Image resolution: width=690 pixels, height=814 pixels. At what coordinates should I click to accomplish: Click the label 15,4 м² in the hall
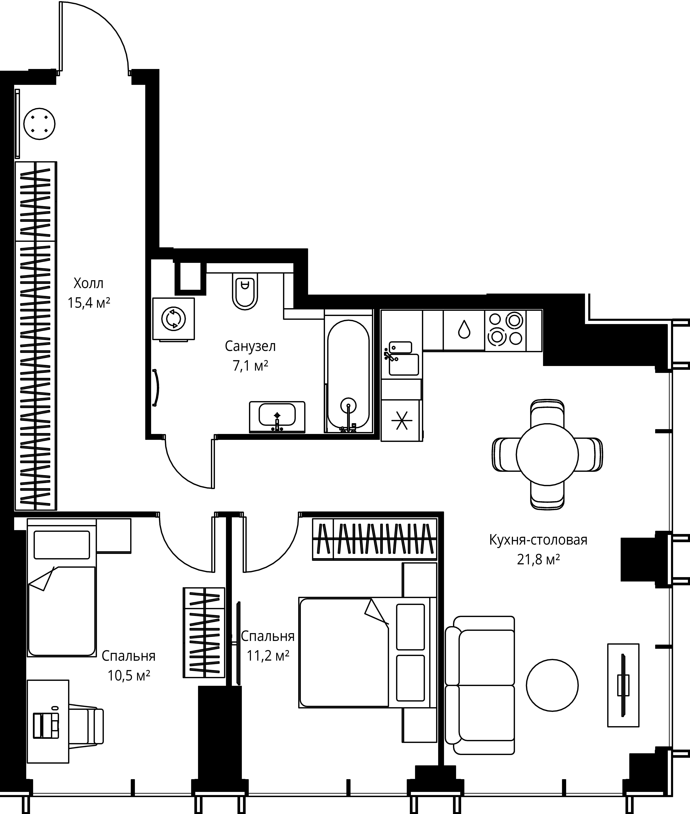(x=89, y=303)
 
